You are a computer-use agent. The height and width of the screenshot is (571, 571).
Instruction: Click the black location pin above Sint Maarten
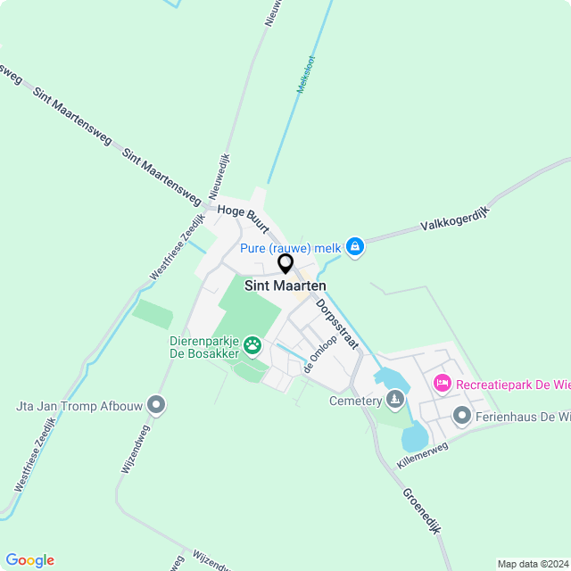coord(285,263)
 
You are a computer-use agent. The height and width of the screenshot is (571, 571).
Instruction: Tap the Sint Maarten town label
coord(285,285)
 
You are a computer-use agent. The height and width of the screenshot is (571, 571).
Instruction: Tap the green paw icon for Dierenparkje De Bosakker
coord(253,343)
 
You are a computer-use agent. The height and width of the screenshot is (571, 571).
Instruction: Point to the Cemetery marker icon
coord(394,398)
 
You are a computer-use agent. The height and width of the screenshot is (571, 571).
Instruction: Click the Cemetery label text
coord(354,401)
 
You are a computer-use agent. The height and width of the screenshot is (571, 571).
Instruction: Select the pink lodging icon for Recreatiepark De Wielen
coord(442,384)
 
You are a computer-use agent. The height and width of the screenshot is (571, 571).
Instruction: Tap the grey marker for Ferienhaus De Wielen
coord(461,416)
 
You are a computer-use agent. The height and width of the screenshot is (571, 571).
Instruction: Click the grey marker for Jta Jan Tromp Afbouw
coord(157,406)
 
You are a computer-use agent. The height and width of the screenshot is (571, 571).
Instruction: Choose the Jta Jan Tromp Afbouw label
coord(78,407)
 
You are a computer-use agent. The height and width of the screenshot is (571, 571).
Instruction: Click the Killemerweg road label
coord(424,454)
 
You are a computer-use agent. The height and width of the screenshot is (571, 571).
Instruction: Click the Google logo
coord(29,560)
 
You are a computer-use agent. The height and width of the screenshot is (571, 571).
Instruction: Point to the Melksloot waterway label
coord(307,75)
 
